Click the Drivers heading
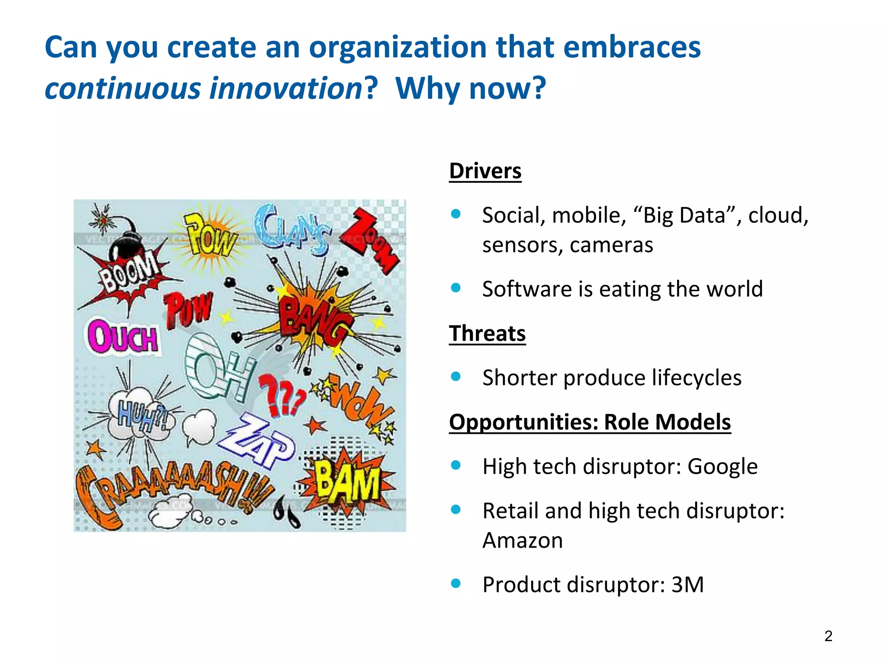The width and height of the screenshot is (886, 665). point(485,171)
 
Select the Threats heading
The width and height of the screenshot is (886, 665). point(487,333)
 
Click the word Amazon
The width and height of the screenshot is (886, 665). point(523,540)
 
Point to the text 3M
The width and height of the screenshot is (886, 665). point(687,584)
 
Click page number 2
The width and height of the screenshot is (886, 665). point(828,636)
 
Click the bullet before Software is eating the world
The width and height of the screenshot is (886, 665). point(456,288)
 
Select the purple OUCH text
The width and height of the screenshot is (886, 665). point(123,337)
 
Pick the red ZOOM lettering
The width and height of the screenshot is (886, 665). point(372,240)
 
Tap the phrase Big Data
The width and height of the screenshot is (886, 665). point(684,215)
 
